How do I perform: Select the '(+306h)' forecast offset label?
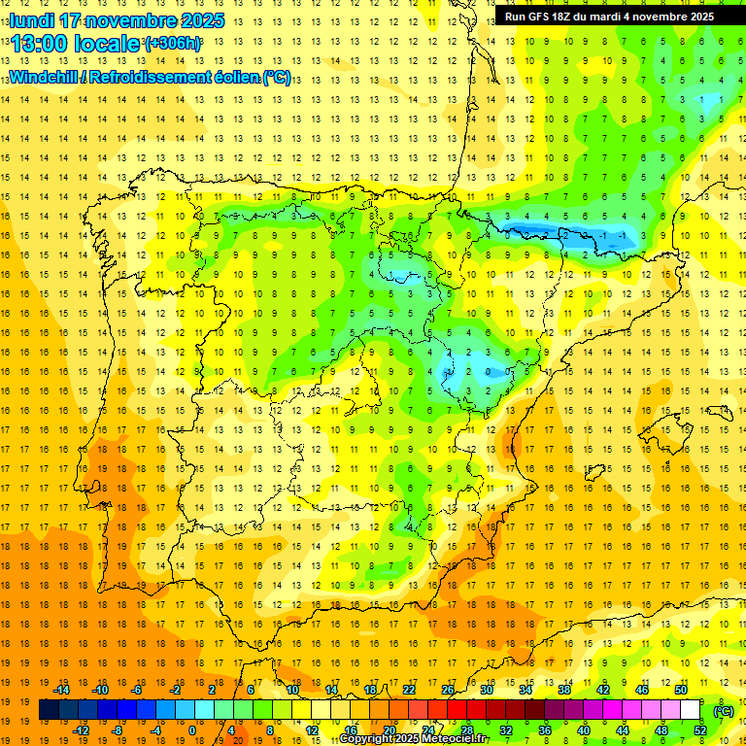173,44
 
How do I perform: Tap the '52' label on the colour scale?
700,730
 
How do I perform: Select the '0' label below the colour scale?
191,730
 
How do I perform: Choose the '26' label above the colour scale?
447,690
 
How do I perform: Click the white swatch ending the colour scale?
690,710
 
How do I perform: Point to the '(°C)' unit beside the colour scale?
724,710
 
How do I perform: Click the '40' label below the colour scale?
584,730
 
